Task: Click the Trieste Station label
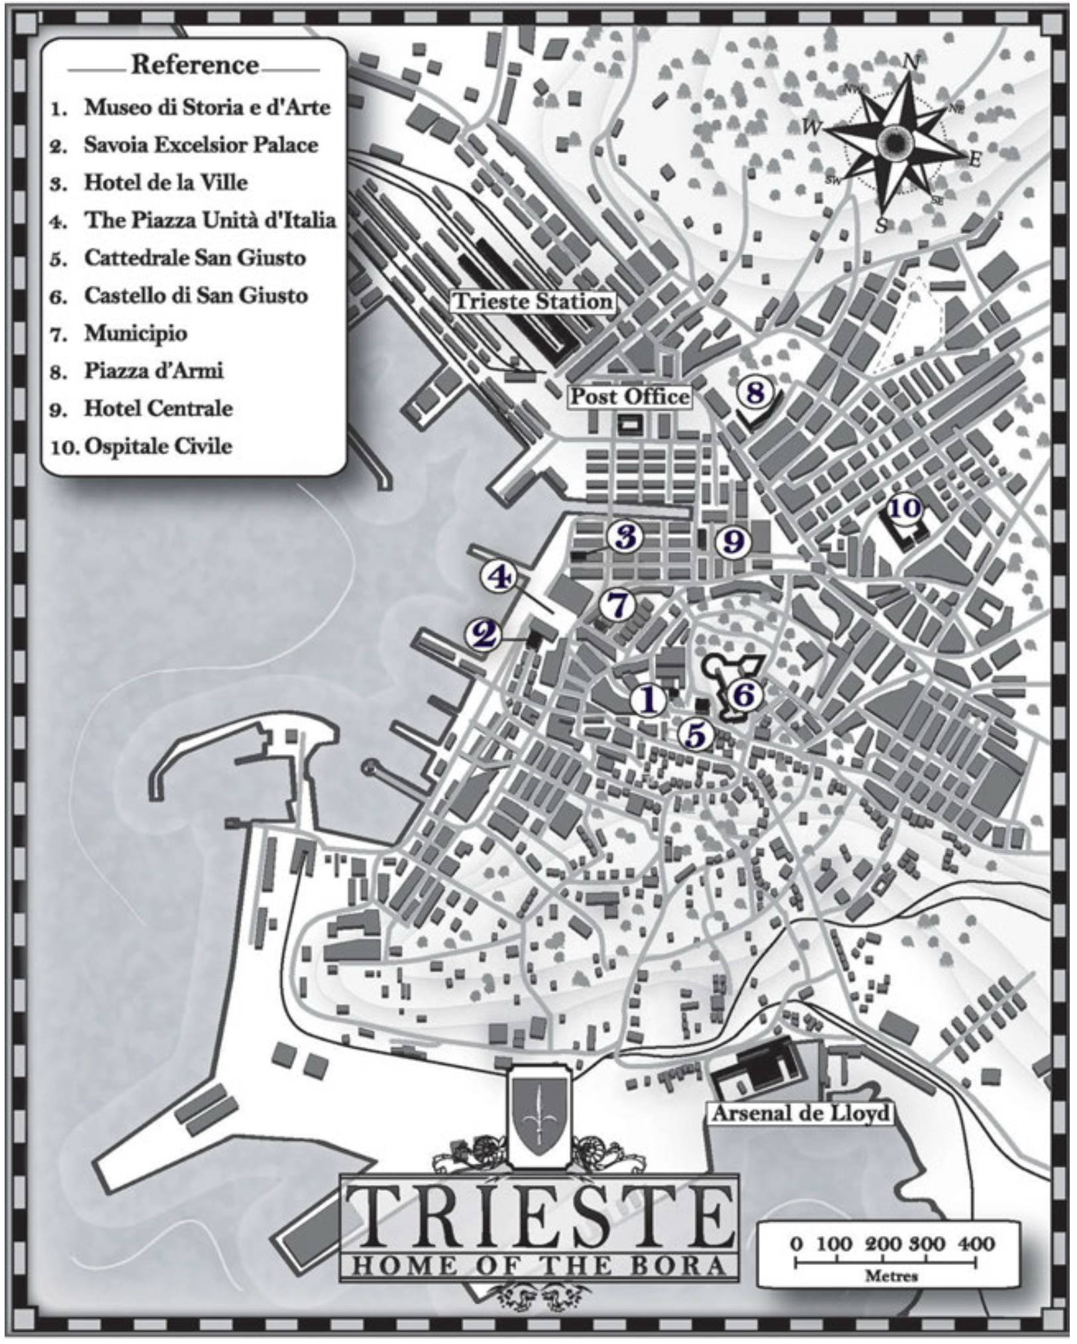[x=533, y=302]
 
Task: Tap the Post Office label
[x=630, y=396]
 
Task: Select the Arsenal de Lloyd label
[x=800, y=1113]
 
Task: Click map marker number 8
[x=754, y=392]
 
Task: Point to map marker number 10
[x=904, y=508]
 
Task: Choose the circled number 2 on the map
[x=484, y=635]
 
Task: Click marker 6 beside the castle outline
[x=743, y=695]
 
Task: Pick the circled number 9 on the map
[x=733, y=541]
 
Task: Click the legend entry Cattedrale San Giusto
[x=195, y=258]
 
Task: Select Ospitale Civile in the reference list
[x=158, y=446]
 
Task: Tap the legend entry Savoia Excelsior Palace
[x=201, y=145]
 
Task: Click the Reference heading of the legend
[x=195, y=65]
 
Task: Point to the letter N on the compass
[x=911, y=62]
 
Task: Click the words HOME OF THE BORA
[x=537, y=1265]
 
